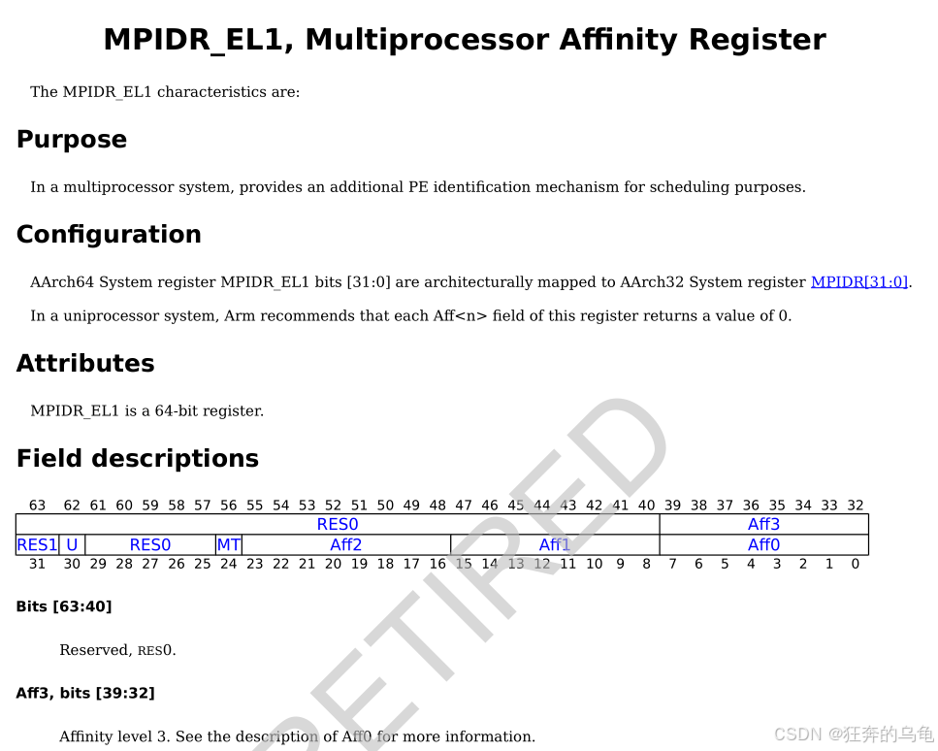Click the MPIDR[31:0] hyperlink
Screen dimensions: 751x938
pyautogui.click(x=859, y=282)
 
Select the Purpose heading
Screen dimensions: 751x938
pyautogui.click(x=72, y=140)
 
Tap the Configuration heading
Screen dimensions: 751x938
pyautogui.click(x=109, y=235)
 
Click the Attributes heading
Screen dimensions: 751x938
pyautogui.click(x=85, y=364)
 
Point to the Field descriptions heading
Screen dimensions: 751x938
pyautogui.click(x=138, y=459)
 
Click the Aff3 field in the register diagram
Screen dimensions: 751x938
pyautogui.click(x=763, y=525)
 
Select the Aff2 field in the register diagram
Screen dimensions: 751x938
pyautogui.click(x=345, y=545)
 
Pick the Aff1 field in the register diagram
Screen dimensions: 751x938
pyautogui.click(x=555, y=545)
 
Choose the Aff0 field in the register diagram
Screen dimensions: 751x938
pyautogui.click(x=763, y=545)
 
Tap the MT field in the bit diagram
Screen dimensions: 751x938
pyautogui.click(x=228, y=545)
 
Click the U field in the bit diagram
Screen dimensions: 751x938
pyautogui.click(x=72, y=545)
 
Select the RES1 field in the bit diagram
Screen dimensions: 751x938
pyautogui.click(x=37, y=545)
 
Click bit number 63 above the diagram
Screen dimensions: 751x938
pyautogui.click(x=38, y=506)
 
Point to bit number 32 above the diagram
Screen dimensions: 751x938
pyautogui.click(x=855, y=506)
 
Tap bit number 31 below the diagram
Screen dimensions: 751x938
pyautogui.click(x=38, y=564)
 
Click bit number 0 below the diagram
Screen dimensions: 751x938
pyautogui.click(x=855, y=564)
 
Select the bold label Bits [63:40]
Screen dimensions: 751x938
pyautogui.click(x=64, y=607)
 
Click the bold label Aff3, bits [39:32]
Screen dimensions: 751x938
pyautogui.click(x=85, y=693)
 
